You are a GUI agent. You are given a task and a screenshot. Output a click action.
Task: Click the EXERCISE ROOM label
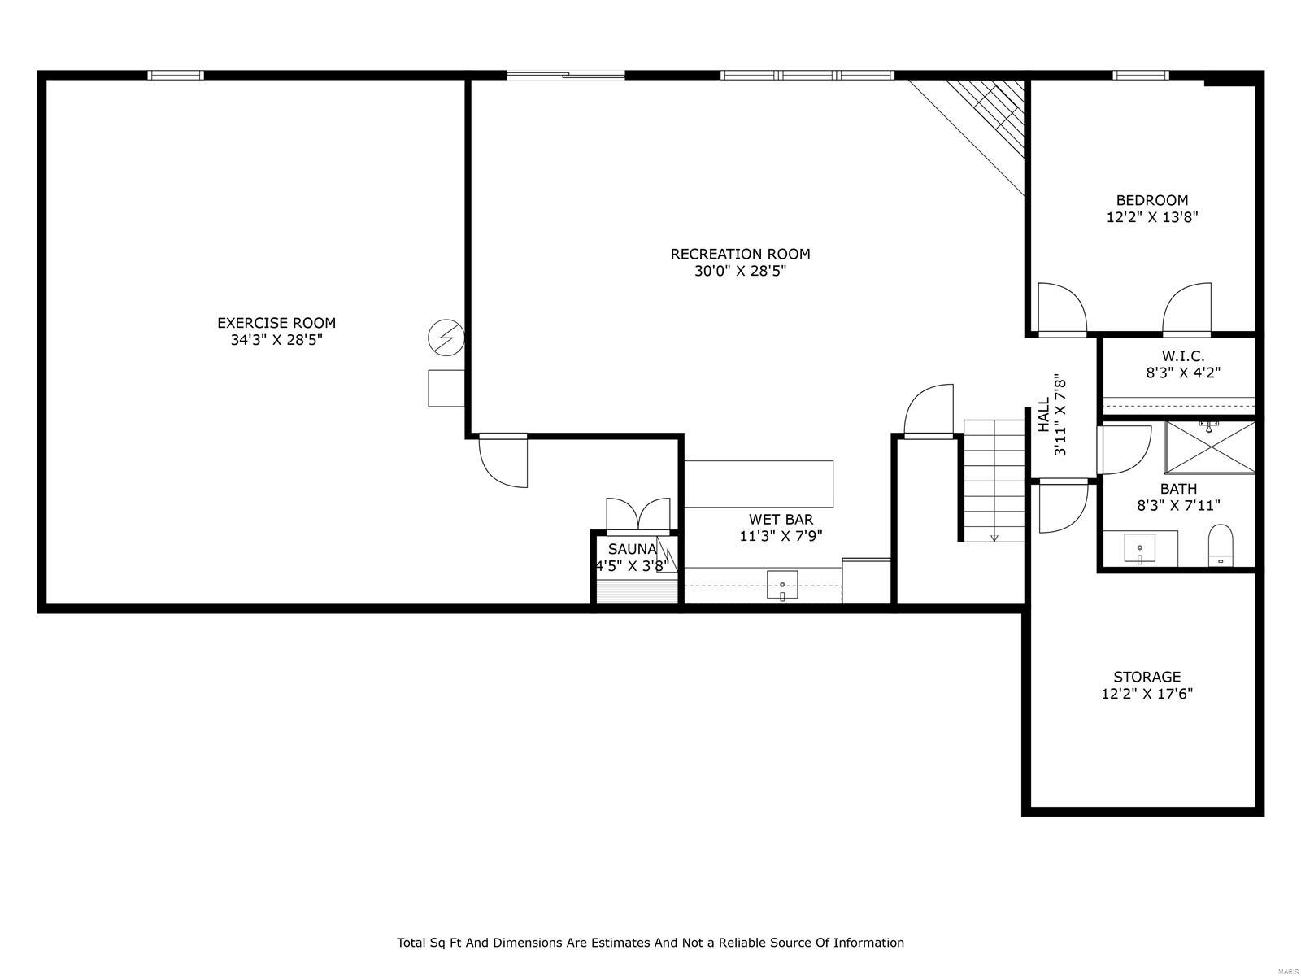pyautogui.click(x=276, y=323)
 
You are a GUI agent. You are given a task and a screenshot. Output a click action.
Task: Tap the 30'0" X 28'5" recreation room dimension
pyautogui.click(x=740, y=271)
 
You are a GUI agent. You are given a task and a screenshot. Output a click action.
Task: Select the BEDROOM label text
pyautogui.click(x=1151, y=200)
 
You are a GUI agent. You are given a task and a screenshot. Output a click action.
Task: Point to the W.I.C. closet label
pyautogui.click(x=1182, y=356)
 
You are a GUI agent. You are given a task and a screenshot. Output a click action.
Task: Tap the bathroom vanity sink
pyautogui.click(x=1140, y=549)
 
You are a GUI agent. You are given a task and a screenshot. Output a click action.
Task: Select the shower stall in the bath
pyautogui.click(x=1210, y=447)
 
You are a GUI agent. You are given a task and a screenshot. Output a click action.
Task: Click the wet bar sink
pyautogui.click(x=782, y=585)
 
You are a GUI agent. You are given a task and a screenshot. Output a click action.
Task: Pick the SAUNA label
pyautogui.click(x=632, y=549)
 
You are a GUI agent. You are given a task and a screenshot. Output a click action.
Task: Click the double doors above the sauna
pyautogui.click(x=638, y=515)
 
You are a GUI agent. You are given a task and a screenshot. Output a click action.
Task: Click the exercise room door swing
pyautogui.click(x=504, y=462)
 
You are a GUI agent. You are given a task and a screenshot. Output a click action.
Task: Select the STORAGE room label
pyautogui.click(x=1147, y=677)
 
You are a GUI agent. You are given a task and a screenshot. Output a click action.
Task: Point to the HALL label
pyautogui.click(x=1044, y=415)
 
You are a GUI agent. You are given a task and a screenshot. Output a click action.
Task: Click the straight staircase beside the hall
pyautogui.click(x=994, y=480)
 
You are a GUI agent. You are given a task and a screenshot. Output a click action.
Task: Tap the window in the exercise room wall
pyautogui.click(x=176, y=76)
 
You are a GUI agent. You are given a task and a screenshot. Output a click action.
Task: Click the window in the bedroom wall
pyautogui.click(x=1141, y=76)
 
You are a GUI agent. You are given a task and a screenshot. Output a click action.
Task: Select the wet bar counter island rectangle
pyautogui.click(x=758, y=484)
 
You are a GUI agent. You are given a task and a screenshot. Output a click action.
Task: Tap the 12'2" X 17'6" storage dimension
pyautogui.click(x=1147, y=694)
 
